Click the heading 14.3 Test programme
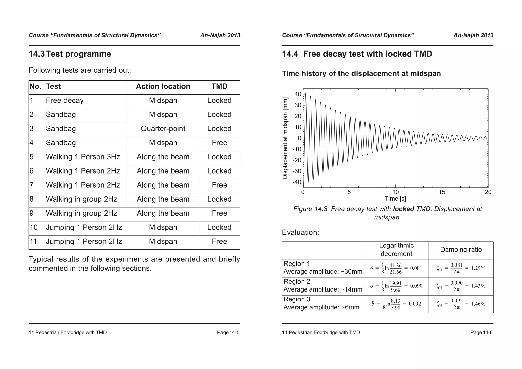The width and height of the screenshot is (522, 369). (x=70, y=54)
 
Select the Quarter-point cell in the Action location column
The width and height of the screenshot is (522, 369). (x=163, y=129)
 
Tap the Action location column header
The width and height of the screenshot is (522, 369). (x=163, y=86)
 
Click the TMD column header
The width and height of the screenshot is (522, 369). (x=219, y=86)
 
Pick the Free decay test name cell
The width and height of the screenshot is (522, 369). (x=65, y=101)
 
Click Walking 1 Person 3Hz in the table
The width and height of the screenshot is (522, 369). (x=83, y=157)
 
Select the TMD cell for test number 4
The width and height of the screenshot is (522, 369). (x=219, y=143)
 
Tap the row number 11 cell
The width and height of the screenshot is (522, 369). (x=33, y=241)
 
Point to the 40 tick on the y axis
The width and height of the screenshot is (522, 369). (x=298, y=94)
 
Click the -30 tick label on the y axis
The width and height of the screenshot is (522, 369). (x=297, y=171)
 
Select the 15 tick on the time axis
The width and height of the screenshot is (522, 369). (x=442, y=192)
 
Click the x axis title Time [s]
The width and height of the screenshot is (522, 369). (x=395, y=199)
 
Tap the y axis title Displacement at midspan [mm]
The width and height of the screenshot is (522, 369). (x=285, y=138)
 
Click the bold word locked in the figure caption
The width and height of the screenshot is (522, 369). (x=403, y=209)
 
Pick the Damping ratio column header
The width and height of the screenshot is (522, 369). (x=461, y=250)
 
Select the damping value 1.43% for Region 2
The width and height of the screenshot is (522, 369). (x=478, y=286)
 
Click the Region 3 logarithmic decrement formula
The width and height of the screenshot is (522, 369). (x=396, y=304)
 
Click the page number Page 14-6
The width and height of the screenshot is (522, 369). (x=481, y=332)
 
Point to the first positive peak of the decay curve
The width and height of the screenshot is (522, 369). (x=306, y=93)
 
